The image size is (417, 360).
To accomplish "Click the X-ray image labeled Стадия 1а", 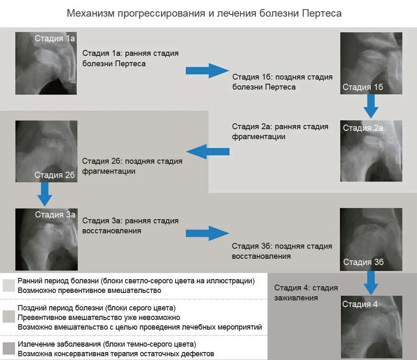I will tap(46, 63).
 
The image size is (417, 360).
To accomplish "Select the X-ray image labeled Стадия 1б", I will tap(371, 63).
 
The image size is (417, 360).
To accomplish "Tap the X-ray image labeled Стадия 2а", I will tap(371, 151).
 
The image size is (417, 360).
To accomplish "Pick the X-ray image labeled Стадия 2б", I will tap(46, 151).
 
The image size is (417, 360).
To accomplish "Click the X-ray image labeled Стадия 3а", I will tap(46, 239).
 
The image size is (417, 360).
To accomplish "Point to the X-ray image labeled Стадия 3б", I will tap(371, 239).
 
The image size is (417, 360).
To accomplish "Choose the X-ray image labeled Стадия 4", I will tap(371, 327).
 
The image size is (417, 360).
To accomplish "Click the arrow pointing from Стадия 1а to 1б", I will tap(207, 70).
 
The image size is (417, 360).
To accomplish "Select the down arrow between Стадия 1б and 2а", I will tap(371, 106).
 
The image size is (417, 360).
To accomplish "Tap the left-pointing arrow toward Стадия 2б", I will tap(207, 151).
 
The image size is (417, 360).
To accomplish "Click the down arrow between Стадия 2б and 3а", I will tap(45, 194).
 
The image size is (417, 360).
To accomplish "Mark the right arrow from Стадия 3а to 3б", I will tap(207, 233).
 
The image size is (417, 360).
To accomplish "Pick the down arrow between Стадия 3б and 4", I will tap(371, 283).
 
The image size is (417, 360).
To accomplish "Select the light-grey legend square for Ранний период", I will tap(8, 285).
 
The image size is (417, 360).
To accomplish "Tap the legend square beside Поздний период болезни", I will tap(8, 317).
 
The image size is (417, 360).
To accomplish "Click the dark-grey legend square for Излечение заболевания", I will tap(8, 348).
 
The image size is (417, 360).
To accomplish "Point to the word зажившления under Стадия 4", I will tap(296, 298).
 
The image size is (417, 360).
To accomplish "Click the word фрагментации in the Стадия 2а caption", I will tap(259, 137).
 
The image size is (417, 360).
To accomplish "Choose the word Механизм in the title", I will tap(90, 13).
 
